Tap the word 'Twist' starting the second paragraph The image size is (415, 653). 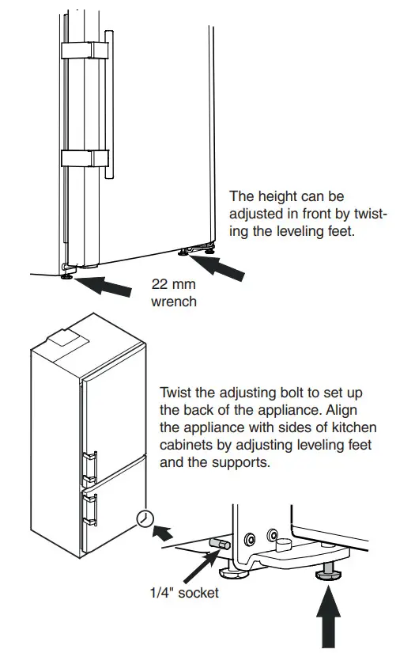click(x=175, y=393)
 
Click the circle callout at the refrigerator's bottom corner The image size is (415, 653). click(x=145, y=518)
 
